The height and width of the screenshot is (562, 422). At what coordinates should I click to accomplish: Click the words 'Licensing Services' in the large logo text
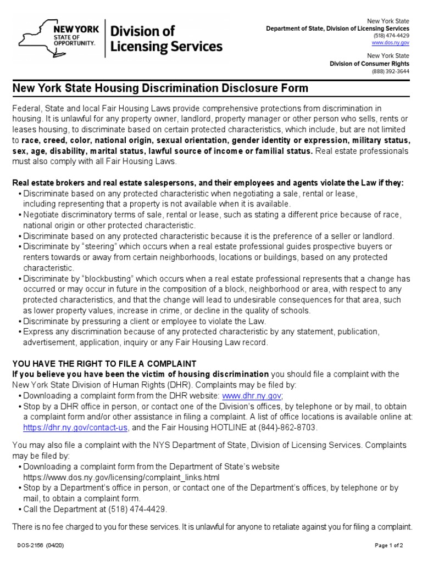(166, 47)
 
